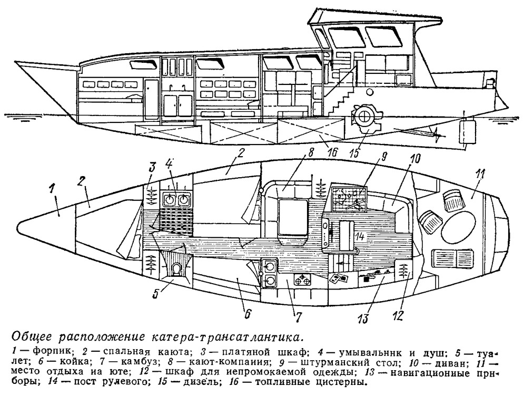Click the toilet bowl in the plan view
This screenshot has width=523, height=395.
pos(177,269)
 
